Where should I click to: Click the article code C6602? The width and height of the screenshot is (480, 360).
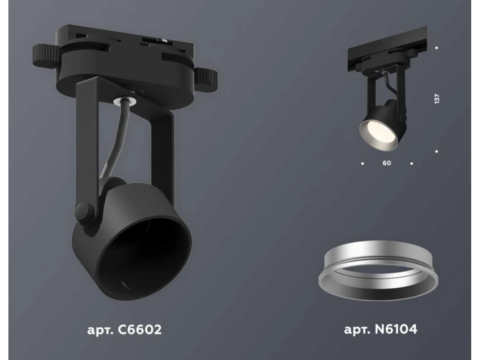tap(140, 330)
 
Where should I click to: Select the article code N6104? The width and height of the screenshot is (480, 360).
tap(396, 329)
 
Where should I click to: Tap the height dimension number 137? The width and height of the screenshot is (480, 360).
tap(437, 99)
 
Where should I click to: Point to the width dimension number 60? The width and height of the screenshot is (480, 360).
tap(387, 163)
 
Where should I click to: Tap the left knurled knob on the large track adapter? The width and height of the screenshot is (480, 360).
tap(46, 56)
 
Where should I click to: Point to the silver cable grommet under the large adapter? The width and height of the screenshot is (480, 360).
tap(124, 100)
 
